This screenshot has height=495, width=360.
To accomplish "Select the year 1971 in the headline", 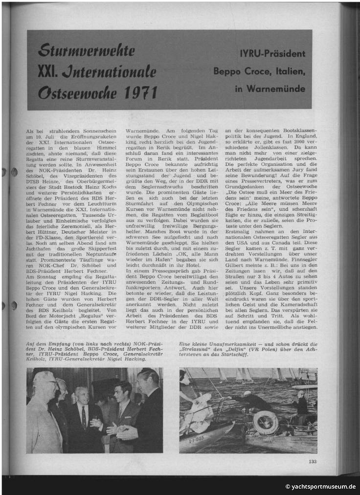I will [139, 92].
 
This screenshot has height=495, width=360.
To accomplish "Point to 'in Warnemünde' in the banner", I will [270, 89].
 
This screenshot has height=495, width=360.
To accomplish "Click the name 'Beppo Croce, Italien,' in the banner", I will [259, 71].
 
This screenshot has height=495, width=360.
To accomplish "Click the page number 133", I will [313, 461].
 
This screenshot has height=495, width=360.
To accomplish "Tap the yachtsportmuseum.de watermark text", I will [320, 486].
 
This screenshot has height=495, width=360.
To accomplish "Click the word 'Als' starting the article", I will [30, 132].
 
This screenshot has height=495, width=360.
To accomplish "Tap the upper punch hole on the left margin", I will [14, 172].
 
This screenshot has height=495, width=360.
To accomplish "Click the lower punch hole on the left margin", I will [14, 306].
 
